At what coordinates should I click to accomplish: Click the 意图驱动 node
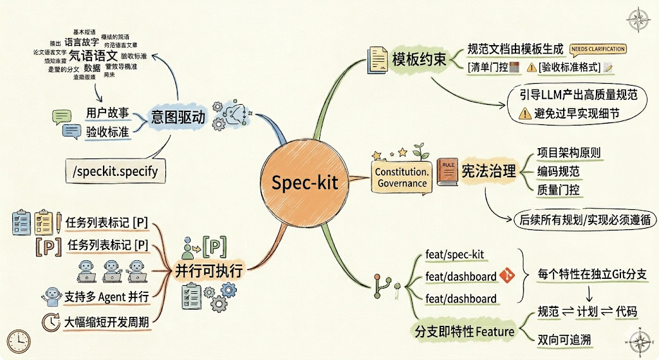tap(178, 118)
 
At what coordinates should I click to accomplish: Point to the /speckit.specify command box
tap(116, 171)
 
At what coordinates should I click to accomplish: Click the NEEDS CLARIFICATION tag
tap(598, 48)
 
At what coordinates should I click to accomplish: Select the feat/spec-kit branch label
tap(454, 254)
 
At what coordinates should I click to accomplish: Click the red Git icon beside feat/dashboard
tap(507, 276)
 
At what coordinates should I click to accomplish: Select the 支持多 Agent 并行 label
tap(107, 297)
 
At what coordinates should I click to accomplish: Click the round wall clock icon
tap(19, 339)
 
